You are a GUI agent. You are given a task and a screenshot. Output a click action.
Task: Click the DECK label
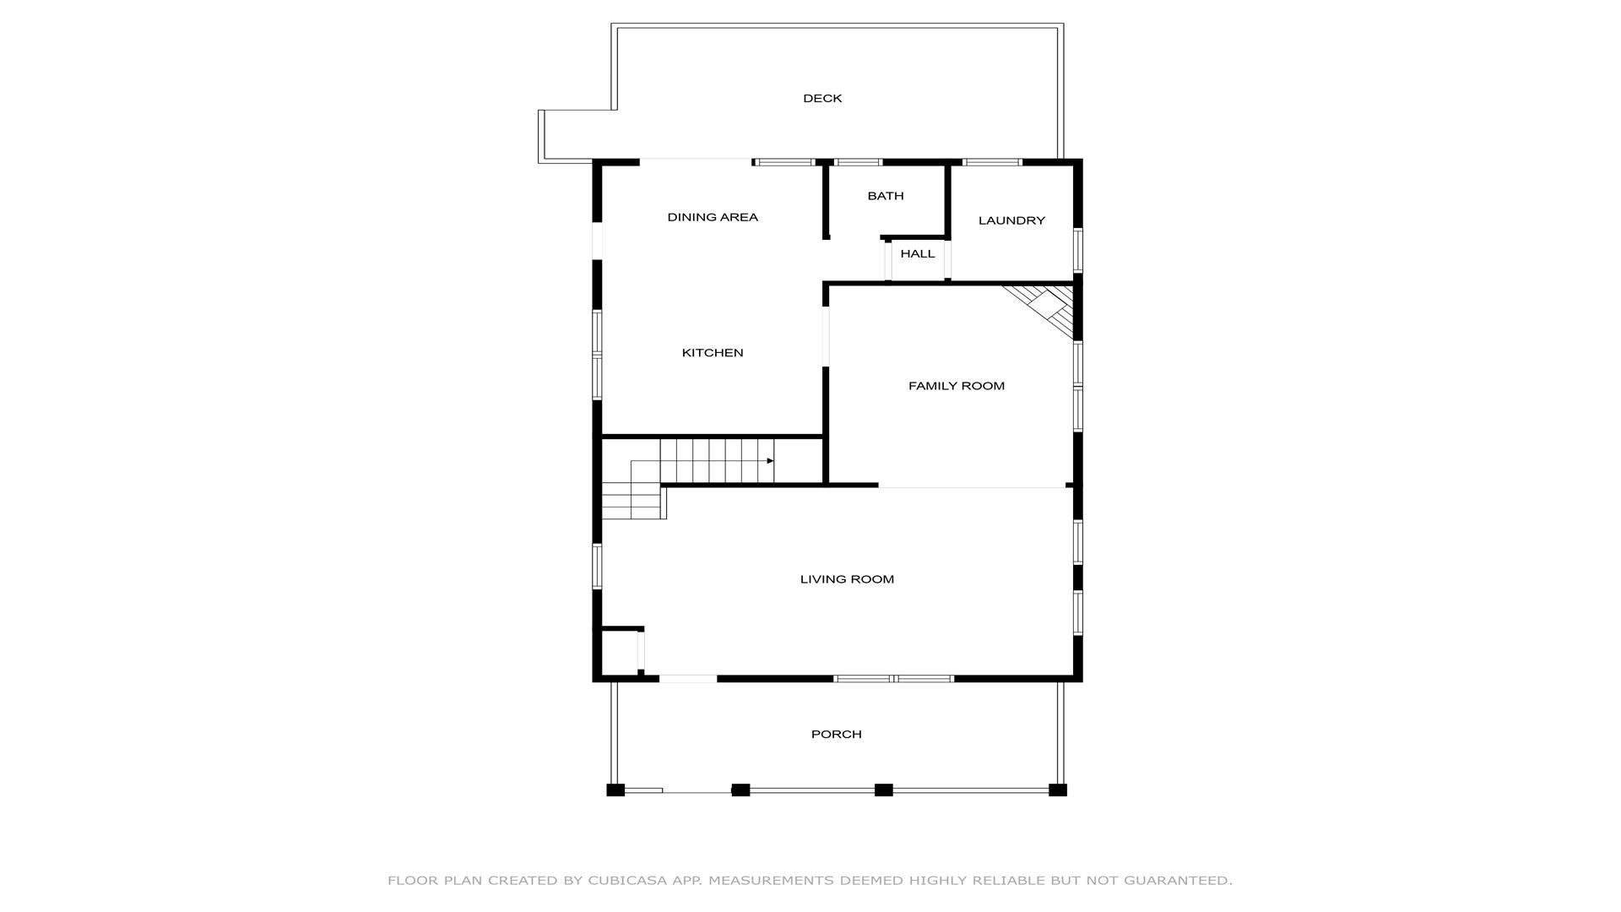[x=822, y=99]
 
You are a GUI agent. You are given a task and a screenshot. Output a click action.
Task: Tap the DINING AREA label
[x=713, y=218]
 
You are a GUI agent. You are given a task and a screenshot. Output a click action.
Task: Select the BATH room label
[x=886, y=196]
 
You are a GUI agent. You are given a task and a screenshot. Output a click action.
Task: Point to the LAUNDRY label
[x=1011, y=220]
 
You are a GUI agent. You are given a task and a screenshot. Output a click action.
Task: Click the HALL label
[x=918, y=254]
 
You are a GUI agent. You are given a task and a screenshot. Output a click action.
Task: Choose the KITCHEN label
[x=713, y=353]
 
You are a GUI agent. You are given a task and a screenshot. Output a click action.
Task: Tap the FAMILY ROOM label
[x=957, y=386]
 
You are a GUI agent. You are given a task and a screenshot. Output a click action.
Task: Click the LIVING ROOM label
[x=847, y=579]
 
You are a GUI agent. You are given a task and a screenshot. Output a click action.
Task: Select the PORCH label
[x=837, y=735]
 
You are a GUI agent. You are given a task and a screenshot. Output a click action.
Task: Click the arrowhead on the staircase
[x=770, y=461]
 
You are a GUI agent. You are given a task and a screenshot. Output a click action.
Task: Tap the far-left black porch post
[x=615, y=790]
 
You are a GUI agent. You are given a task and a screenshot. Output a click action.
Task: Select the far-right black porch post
[x=1058, y=790]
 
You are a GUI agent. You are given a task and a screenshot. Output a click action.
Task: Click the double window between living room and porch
[x=894, y=679]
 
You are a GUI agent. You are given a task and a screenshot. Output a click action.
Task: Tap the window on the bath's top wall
[x=858, y=162]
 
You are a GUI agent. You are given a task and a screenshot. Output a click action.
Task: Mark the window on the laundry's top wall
[x=992, y=162]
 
